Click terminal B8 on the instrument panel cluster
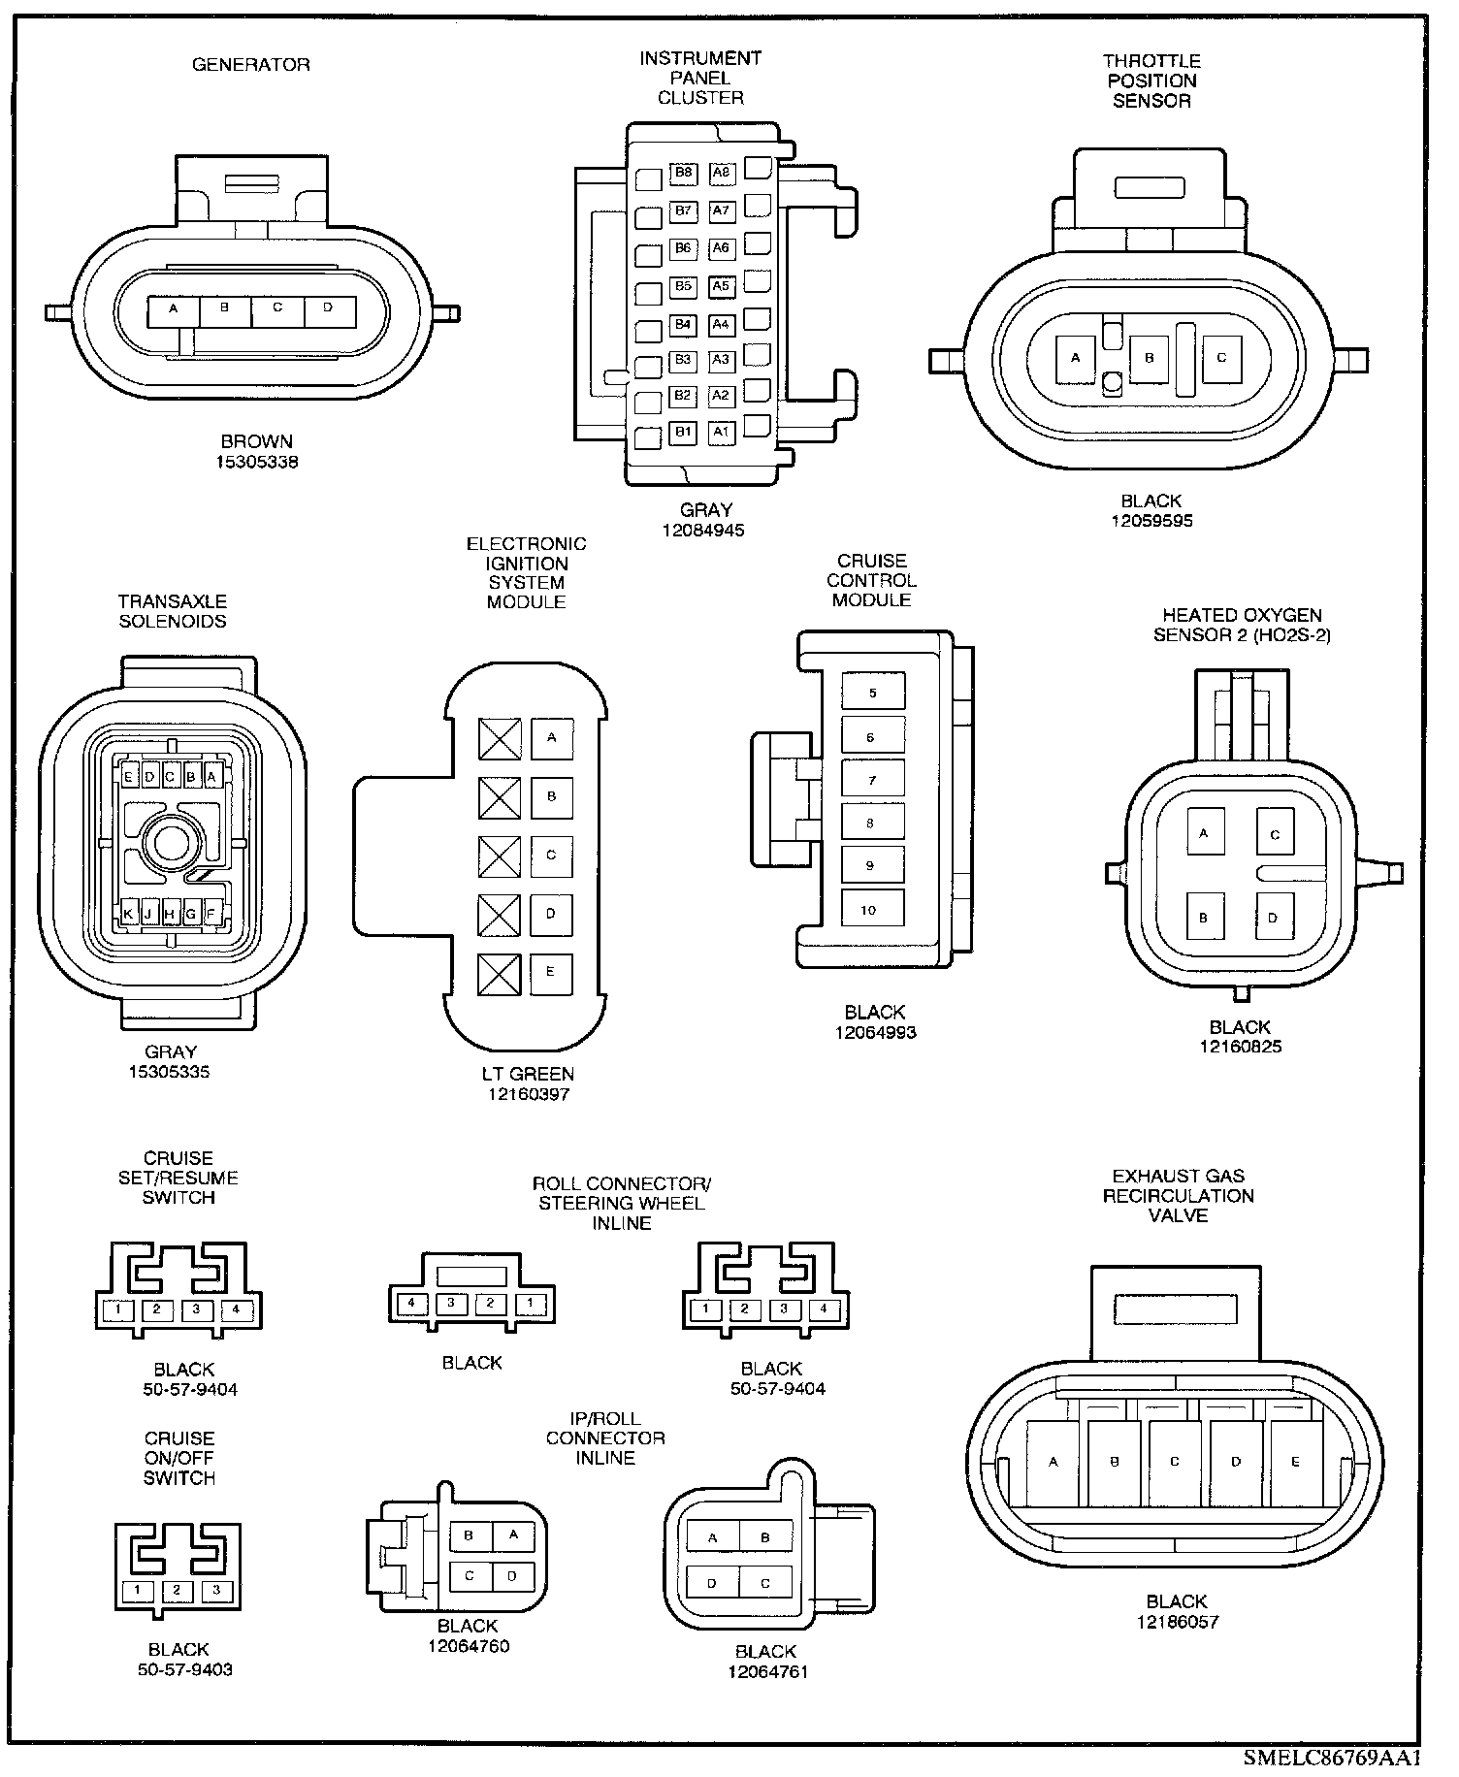pyautogui.click(x=684, y=174)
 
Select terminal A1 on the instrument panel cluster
pyautogui.click(x=721, y=432)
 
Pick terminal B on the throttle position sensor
pyautogui.click(x=1150, y=359)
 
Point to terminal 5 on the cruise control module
pyautogui.click(x=872, y=693)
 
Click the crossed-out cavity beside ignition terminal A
pyautogui.click(x=500, y=739)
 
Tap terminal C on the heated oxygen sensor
pyautogui.click(x=1275, y=834)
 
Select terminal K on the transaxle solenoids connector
pyautogui.click(x=128, y=913)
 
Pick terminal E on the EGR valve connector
pyautogui.click(x=1296, y=1463)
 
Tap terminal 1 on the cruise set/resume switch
pyautogui.click(x=117, y=1310)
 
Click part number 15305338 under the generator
pyautogui.click(x=257, y=463)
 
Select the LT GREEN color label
pyautogui.click(x=528, y=1074)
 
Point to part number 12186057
pyautogui.click(x=1177, y=1621)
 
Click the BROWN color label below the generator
pyautogui.click(x=257, y=442)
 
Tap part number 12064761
pyautogui.click(x=767, y=1671)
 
